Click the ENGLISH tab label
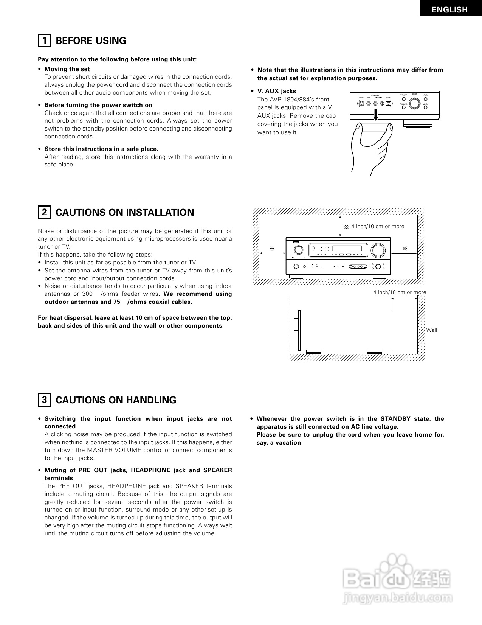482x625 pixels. click(x=449, y=10)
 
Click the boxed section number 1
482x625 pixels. click(x=44, y=40)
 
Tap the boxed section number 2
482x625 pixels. click(x=44, y=212)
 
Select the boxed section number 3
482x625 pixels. click(x=44, y=400)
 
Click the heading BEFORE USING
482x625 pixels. click(x=91, y=41)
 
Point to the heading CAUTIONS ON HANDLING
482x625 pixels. click(x=116, y=400)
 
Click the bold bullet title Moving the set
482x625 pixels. click(x=67, y=69)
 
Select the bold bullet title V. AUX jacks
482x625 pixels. click(x=276, y=91)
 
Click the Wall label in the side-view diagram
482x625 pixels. click(x=431, y=330)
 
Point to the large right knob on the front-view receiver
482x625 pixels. click(x=378, y=250)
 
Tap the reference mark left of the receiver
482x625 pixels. click(x=271, y=249)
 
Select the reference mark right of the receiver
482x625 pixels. click(x=405, y=249)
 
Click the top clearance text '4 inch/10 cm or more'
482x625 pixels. click(x=377, y=227)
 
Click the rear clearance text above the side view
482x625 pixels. click(x=400, y=292)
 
